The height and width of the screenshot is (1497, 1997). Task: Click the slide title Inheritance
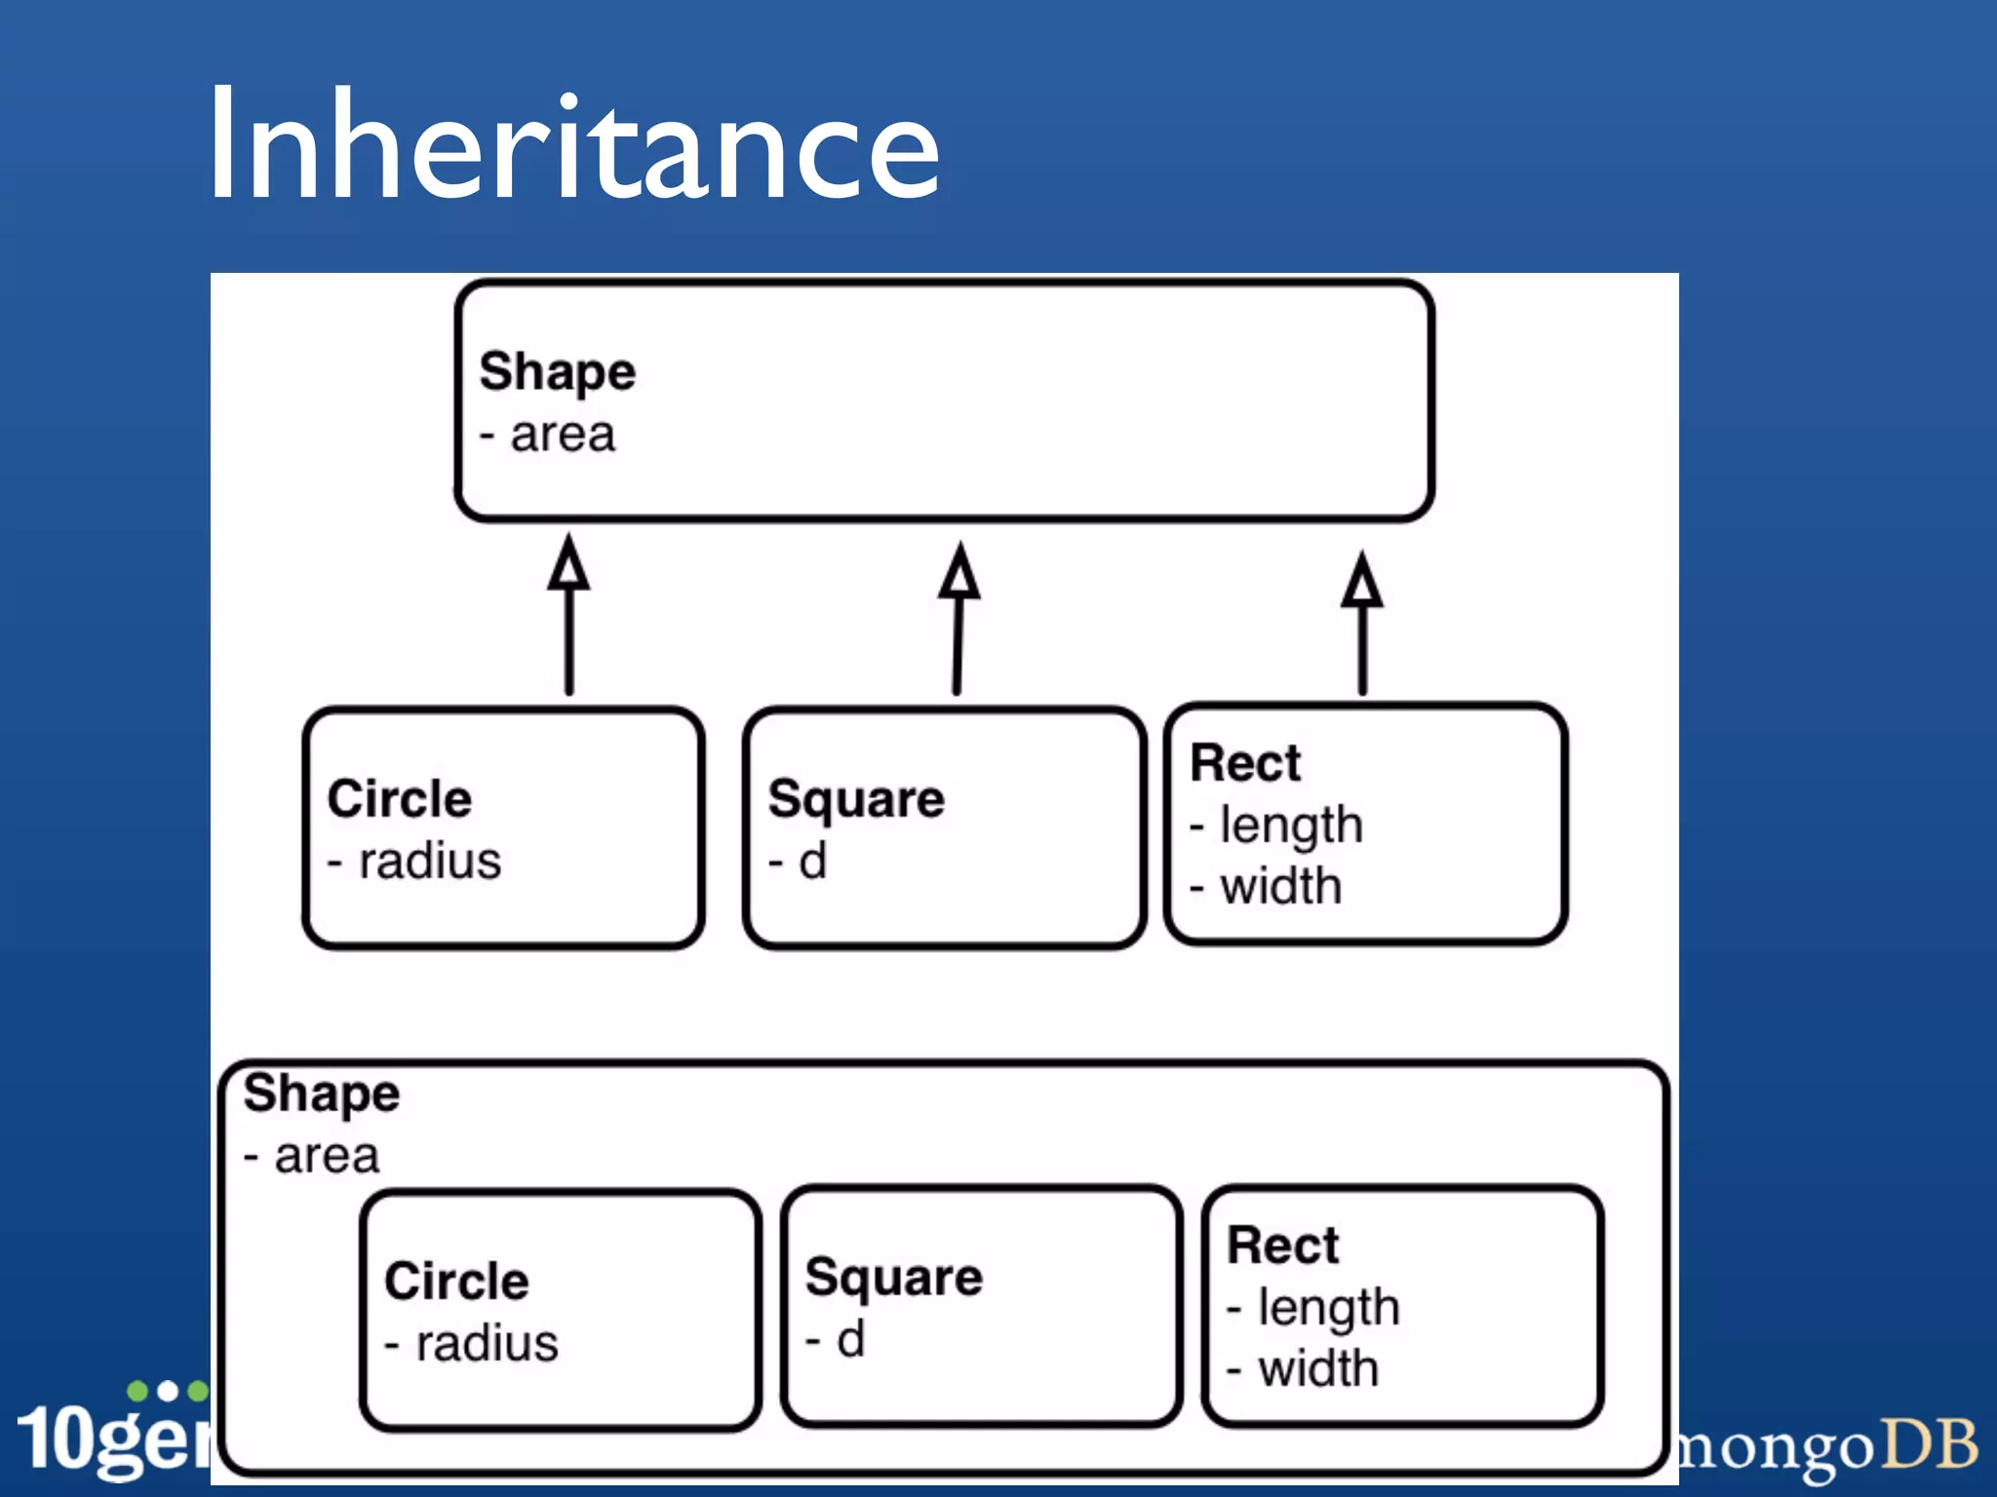(x=573, y=146)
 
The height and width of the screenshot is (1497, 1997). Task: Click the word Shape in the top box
(x=557, y=371)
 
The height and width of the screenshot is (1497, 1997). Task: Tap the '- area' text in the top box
(x=548, y=435)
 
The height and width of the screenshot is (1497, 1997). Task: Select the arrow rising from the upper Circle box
(x=568, y=624)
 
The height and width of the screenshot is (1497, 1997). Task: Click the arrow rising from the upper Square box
(x=959, y=624)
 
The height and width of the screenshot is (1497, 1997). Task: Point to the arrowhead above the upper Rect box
(x=1361, y=581)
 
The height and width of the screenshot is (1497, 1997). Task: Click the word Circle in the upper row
(x=399, y=799)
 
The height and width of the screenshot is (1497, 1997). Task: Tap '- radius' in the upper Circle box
(x=414, y=862)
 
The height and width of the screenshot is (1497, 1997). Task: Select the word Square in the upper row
(x=856, y=799)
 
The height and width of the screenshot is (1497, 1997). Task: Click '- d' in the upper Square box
(x=799, y=862)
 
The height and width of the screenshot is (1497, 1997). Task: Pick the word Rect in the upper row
(x=1245, y=762)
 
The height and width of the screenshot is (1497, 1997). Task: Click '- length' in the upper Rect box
(x=1276, y=825)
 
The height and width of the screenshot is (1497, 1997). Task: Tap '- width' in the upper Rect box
(x=1267, y=887)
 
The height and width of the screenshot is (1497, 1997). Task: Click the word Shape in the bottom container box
(x=321, y=1093)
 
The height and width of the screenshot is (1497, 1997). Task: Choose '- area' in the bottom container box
(x=312, y=1156)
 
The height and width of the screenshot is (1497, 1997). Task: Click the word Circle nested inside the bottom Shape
(x=456, y=1281)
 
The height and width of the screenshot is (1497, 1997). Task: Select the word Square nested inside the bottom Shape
(x=893, y=1277)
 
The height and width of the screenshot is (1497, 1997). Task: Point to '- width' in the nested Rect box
(x=1304, y=1368)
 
